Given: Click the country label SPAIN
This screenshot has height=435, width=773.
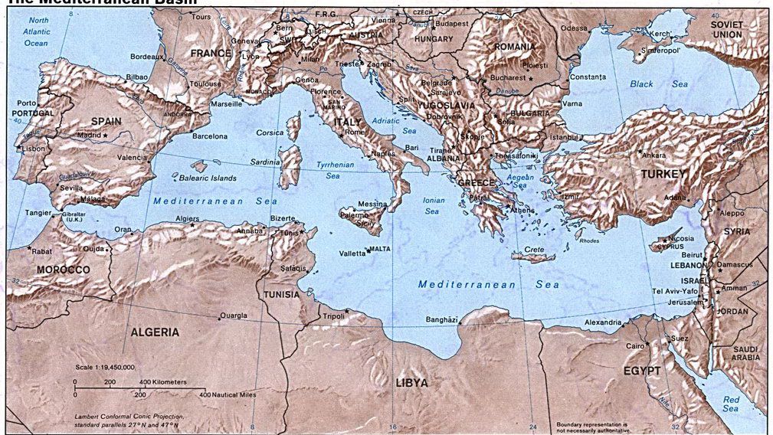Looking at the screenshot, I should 106,121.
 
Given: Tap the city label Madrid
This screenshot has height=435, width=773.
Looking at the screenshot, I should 89,136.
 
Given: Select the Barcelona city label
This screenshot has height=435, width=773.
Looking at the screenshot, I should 209,136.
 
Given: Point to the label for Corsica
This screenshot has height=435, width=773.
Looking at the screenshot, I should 270,132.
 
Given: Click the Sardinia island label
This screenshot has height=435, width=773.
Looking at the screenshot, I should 265,162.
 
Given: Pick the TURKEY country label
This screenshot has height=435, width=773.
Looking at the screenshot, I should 663,174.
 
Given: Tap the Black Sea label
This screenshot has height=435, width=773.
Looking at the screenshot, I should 647,83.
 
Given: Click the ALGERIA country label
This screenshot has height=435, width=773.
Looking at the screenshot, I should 155,332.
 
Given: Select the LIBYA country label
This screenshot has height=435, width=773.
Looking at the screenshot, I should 411,382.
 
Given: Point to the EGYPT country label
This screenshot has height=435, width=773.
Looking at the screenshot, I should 641,370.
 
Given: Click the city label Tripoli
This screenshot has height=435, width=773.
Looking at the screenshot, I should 332,316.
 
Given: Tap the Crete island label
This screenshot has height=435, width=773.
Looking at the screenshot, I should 534,250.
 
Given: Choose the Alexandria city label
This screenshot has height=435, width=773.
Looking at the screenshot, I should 603,322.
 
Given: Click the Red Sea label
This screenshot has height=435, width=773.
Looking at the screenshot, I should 731,404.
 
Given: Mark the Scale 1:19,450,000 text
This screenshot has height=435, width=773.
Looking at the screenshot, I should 105,367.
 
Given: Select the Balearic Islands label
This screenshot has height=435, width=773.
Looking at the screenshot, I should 208,178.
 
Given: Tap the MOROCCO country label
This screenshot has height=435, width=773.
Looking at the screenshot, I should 63,270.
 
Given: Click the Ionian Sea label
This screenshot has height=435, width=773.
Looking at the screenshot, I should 433,205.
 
